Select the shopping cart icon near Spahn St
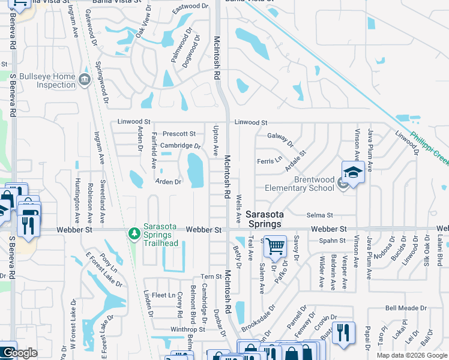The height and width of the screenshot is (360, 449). click(x=275, y=245)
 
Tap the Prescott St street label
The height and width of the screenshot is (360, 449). click(x=179, y=134)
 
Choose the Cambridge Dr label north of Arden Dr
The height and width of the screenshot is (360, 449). click(x=180, y=146)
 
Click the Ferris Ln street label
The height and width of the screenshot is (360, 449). click(x=269, y=161)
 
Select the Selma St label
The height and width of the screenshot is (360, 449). click(x=319, y=215)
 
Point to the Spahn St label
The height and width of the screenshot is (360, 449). click(x=333, y=241)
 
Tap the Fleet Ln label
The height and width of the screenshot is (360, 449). click(x=163, y=295)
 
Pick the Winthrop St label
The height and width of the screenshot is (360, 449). click(x=188, y=329)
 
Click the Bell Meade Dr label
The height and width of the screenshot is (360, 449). click(x=406, y=308)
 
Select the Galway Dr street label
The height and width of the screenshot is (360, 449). click(x=280, y=139)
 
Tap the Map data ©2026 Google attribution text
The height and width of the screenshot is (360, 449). click(x=411, y=355)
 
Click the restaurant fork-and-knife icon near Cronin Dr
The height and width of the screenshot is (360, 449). click(x=343, y=333)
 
